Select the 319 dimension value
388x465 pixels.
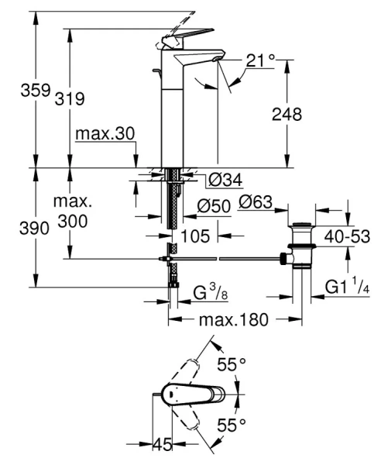69,98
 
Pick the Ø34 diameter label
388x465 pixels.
225,181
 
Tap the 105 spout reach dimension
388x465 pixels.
195,235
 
